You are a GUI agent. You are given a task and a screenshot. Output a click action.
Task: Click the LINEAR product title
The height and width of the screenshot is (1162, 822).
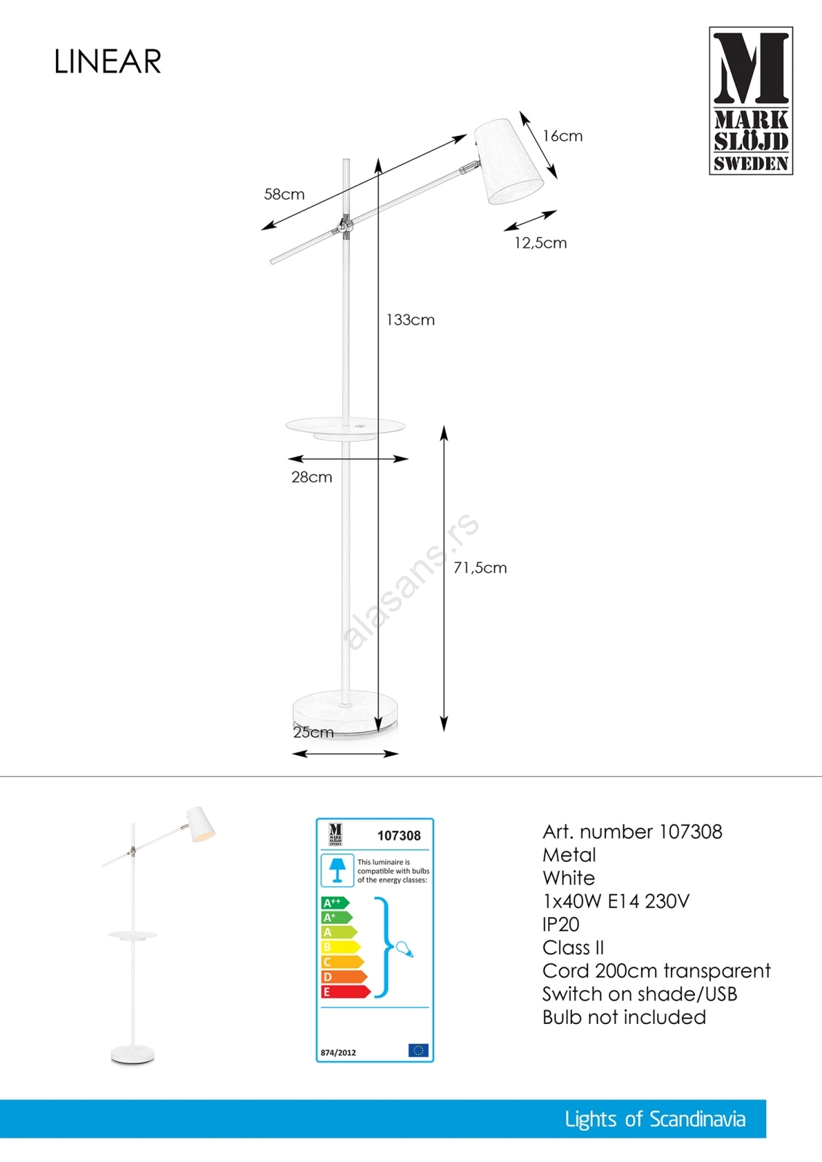click(108, 62)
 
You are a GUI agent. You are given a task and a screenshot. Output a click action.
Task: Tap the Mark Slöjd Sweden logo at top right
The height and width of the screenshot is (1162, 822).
click(751, 101)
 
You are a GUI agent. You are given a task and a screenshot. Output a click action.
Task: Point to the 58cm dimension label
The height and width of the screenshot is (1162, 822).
click(284, 195)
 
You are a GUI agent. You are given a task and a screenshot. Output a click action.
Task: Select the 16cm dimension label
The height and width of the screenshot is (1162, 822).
click(563, 137)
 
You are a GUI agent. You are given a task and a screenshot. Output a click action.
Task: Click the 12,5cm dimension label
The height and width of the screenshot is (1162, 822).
click(540, 243)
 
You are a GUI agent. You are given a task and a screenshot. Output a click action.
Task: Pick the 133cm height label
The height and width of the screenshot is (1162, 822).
click(411, 320)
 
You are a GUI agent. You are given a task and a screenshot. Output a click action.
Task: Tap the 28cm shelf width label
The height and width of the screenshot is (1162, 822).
click(312, 477)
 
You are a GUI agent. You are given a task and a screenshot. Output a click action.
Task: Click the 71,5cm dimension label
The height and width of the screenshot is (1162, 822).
click(480, 568)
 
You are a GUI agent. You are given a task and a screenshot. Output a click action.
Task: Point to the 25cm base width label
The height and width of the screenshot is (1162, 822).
click(313, 732)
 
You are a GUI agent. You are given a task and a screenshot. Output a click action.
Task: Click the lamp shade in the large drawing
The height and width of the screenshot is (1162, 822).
click(509, 161)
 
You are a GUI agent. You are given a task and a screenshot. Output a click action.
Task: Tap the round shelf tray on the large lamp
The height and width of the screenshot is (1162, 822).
click(345, 428)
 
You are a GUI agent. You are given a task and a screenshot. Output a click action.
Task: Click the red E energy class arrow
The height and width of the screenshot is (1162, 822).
click(345, 991)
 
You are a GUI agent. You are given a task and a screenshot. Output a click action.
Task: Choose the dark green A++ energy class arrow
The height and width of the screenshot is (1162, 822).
click(334, 903)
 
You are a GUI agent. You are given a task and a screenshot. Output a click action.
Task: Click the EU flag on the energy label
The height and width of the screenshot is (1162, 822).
click(418, 1050)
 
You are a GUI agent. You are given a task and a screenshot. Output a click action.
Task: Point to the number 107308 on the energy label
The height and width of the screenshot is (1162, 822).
click(399, 836)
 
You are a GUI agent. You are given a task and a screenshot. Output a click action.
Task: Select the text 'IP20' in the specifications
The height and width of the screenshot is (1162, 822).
click(561, 925)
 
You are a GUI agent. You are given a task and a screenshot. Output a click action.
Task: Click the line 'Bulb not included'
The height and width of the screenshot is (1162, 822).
click(624, 1017)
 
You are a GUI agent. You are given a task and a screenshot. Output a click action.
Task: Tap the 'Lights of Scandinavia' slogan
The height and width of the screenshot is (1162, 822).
click(655, 1119)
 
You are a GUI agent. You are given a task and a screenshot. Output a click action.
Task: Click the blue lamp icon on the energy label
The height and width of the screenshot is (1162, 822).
click(337, 869)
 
